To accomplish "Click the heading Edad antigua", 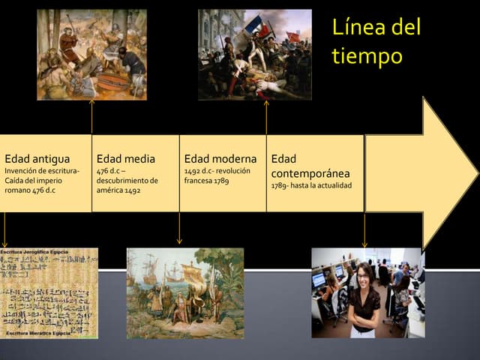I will click(x=37, y=159).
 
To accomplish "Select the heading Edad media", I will click(x=126, y=159).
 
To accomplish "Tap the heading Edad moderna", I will click(x=220, y=159).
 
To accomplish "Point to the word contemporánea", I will click(x=310, y=173).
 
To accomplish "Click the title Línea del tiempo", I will click(x=376, y=42).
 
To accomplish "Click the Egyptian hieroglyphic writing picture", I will click(x=49, y=292).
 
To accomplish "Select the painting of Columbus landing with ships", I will click(x=184, y=292).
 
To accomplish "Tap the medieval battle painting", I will click(x=91, y=54).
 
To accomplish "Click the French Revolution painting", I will click(x=254, y=54).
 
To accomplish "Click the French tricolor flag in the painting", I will click(x=255, y=25).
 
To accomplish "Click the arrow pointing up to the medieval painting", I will click(x=91, y=116).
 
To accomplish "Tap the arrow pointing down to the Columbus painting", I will click(x=179, y=229).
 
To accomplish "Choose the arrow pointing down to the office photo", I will click(x=364, y=229).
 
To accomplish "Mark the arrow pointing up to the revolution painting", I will click(x=266, y=116).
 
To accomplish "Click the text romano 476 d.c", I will click(x=30, y=190).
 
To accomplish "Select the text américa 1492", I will click(x=118, y=190).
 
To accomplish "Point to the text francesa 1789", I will click(x=206, y=181).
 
